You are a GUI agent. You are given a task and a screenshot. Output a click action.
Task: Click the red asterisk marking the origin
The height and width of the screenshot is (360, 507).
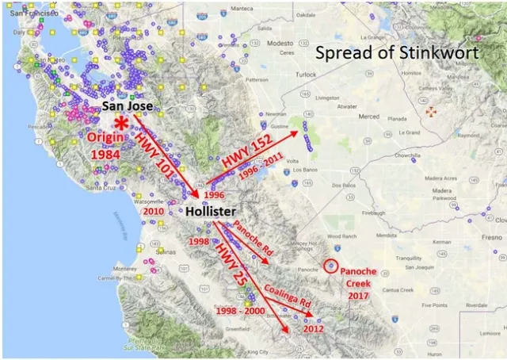click(121, 124)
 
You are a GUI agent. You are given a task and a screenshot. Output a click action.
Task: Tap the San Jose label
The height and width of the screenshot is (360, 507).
click(133, 106)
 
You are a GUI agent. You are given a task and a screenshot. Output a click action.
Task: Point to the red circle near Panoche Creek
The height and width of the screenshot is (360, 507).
click(331, 266)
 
